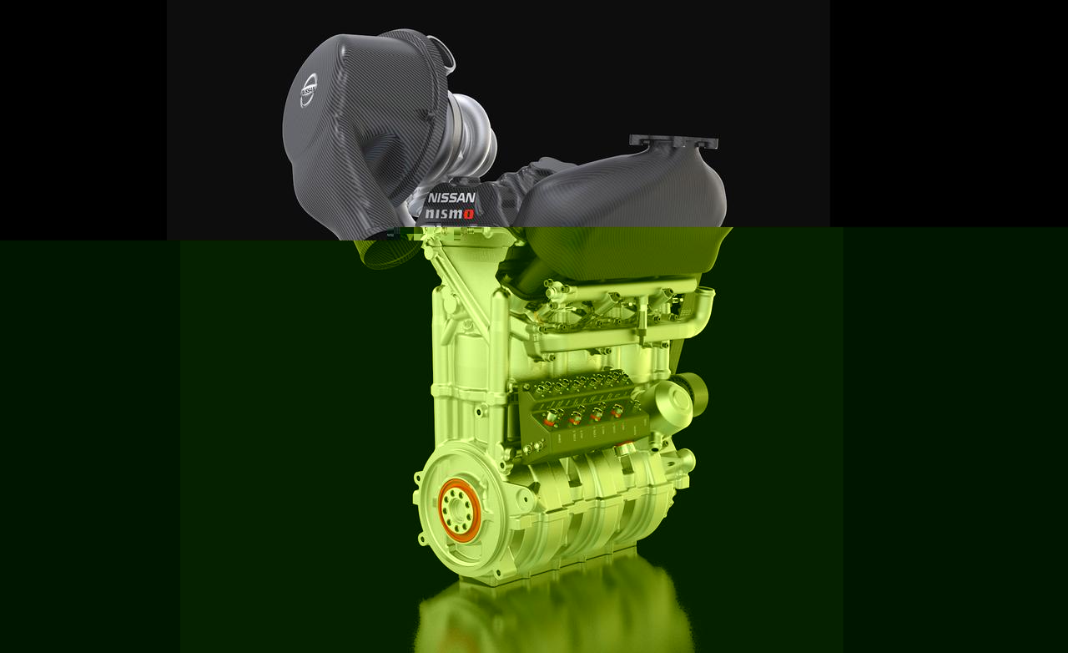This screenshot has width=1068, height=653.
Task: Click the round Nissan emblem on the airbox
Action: click(309, 89)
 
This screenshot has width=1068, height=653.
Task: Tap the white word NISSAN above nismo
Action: click(451, 198)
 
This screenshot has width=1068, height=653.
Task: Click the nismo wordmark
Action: click(449, 214)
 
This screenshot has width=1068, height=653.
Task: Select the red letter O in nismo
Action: click(468, 215)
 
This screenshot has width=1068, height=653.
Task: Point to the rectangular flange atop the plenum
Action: click(673, 142)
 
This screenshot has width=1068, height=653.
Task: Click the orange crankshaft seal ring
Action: click(459, 510)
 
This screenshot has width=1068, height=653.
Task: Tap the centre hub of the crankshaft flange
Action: click(456, 511)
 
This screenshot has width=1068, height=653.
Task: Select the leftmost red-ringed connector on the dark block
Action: click(552, 418)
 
